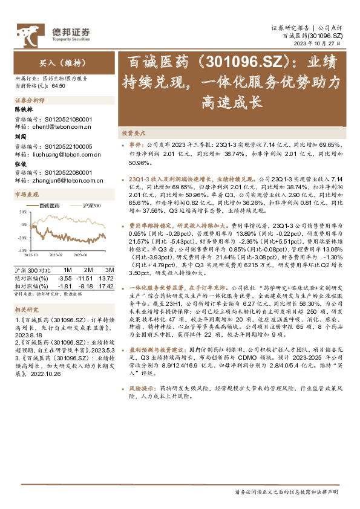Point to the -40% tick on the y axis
21,250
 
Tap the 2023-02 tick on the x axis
57,255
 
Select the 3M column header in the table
110,269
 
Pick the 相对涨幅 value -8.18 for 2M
87,285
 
